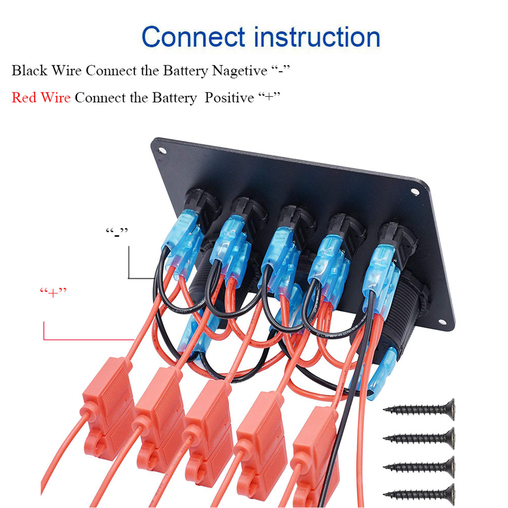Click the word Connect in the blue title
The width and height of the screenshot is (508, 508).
[193, 37]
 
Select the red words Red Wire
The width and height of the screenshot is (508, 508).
[41, 98]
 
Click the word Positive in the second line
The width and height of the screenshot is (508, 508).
[229, 98]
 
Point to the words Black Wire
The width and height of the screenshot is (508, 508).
[46, 71]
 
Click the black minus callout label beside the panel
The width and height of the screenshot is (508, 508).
[116, 232]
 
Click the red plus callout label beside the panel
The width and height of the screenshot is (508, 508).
[53, 293]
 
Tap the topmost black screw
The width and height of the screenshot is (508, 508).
[419, 409]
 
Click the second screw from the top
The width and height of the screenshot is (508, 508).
[419, 438]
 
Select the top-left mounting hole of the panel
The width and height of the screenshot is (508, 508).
[161, 150]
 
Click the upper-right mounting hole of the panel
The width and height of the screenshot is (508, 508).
[415, 192]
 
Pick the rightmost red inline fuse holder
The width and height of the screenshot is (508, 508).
[315, 449]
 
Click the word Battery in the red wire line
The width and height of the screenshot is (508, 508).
[174, 98]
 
